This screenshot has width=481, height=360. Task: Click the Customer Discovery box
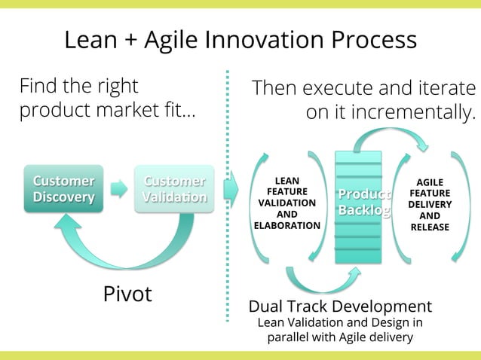(x=63, y=189)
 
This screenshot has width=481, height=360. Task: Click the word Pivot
(x=127, y=294)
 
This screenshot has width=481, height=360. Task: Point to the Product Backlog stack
(x=358, y=207)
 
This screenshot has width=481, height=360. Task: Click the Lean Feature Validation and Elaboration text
(x=287, y=203)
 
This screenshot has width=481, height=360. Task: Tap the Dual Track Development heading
(x=340, y=307)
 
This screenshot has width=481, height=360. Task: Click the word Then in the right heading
(x=277, y=88)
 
